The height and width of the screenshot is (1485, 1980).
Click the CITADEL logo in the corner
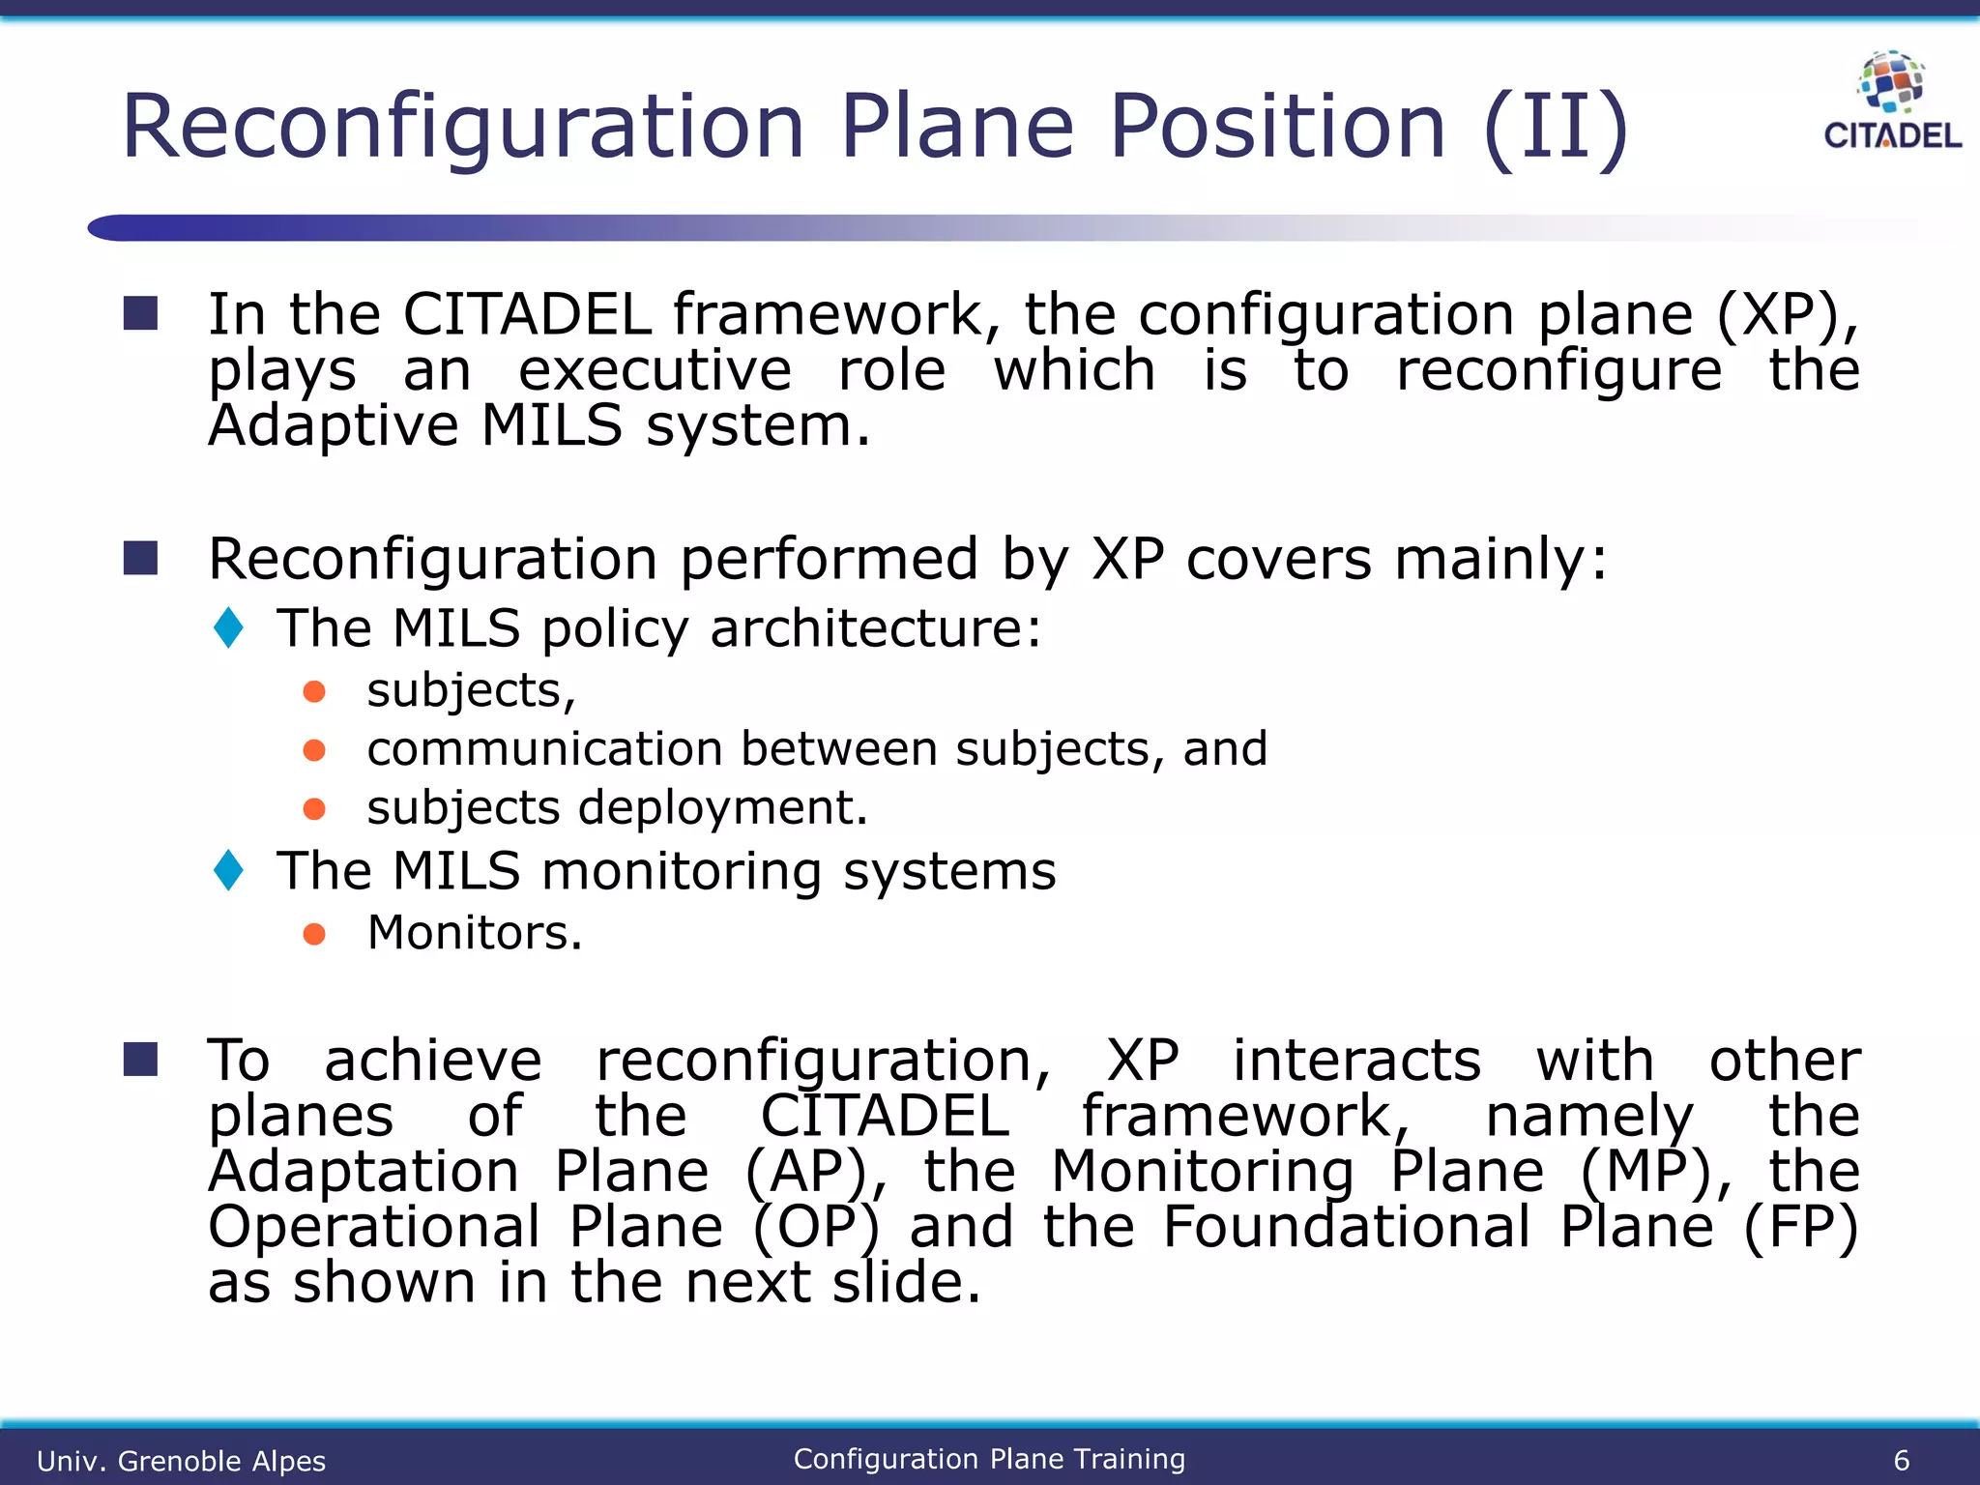pos(1891,102)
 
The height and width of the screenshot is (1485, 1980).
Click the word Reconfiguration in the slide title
pos(462,127)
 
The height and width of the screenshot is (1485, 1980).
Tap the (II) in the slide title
pos(1556,127)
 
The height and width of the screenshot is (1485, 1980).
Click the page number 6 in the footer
pos(1901,1460)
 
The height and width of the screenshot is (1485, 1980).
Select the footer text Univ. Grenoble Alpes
pos(181,1461)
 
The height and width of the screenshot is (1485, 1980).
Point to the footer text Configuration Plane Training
pos(989,1459)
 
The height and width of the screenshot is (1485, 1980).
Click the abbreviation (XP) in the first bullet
pos(1788,315)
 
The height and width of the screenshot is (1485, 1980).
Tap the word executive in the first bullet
pos(655,370)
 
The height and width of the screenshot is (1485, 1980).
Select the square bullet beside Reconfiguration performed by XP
pos(141,558)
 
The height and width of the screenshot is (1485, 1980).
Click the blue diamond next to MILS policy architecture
pos(229,627)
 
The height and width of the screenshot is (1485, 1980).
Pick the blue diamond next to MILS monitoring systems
pos(229,870)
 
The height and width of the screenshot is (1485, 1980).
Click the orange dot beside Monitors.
pos(314,934)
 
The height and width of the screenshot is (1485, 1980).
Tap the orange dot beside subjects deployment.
pos(314,808)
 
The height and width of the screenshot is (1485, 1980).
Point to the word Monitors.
pos(475,933)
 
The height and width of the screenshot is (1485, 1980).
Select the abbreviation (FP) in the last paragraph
pos(1800,1228)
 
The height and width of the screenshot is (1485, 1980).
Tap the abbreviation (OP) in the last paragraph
pos(817,1228)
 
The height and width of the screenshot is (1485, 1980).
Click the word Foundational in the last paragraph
pos(1347,1227)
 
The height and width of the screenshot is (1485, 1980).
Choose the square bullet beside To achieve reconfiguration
pos(141,1060)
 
